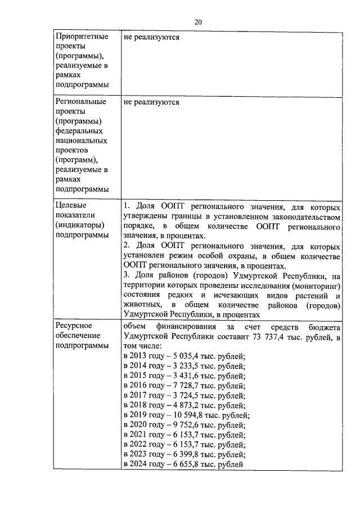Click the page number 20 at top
coord(198,22)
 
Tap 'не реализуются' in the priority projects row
coord(151,37)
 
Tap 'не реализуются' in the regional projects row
coord(151,102)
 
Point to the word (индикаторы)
coord(81,225)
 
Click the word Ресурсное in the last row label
coord(74,326)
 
